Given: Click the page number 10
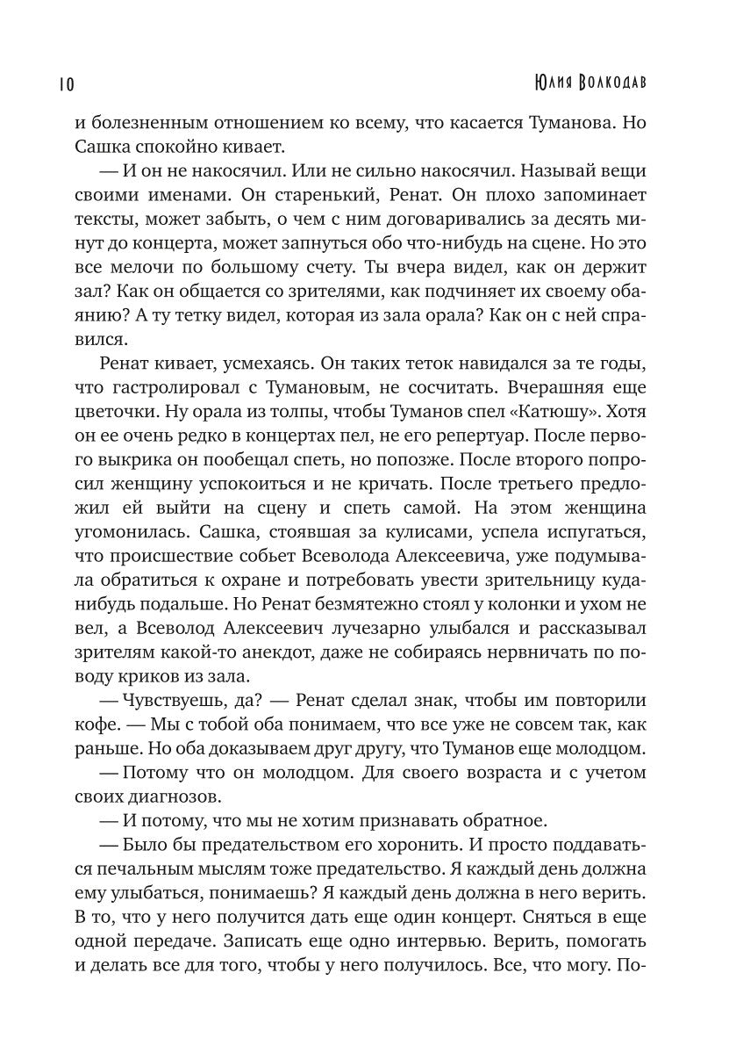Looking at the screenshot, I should click(x=66, y=83).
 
